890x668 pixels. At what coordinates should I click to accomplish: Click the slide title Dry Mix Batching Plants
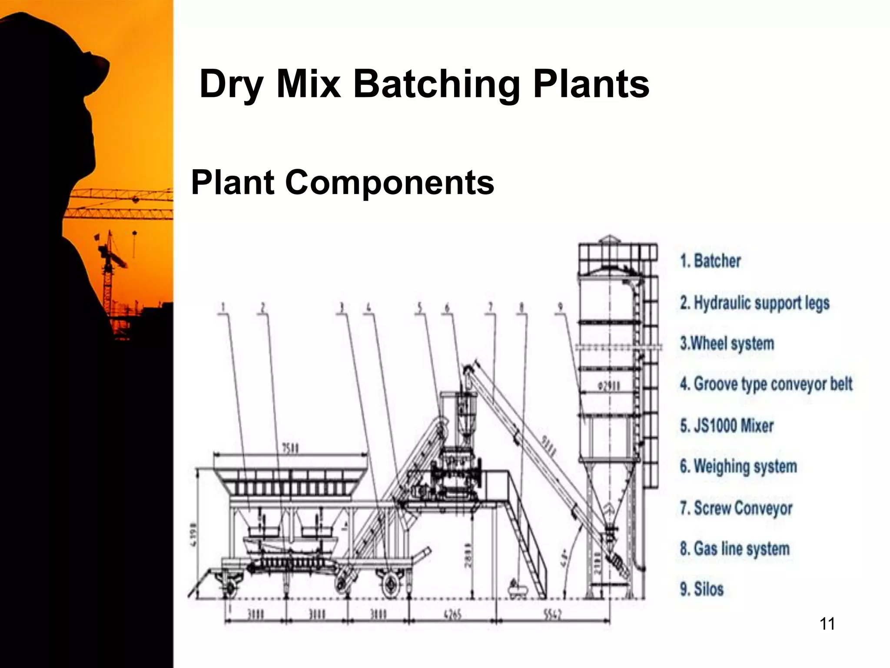click(424, 84)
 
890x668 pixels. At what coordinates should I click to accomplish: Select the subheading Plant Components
click(342, 182)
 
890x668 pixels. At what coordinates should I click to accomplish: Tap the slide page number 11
click(827, 624)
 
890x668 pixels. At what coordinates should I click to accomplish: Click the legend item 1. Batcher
click(710, 261)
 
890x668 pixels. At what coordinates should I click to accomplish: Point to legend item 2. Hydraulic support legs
click(755, 303)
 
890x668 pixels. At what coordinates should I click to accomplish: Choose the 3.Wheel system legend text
click(727, 344)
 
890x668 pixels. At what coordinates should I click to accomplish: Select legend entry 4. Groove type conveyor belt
click(766, 384)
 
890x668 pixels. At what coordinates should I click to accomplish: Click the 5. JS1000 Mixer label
click(727, 425)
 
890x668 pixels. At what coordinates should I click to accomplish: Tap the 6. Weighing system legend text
click(738, 466)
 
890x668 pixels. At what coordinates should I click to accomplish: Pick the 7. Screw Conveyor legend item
click(736, 508)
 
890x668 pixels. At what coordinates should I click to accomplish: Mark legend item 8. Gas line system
click(734, 548)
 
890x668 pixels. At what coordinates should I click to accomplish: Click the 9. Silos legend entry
click(701, 589)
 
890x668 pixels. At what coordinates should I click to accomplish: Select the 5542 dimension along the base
click(552, 615)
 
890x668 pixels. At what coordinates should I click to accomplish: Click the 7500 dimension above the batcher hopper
click(290, 448)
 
